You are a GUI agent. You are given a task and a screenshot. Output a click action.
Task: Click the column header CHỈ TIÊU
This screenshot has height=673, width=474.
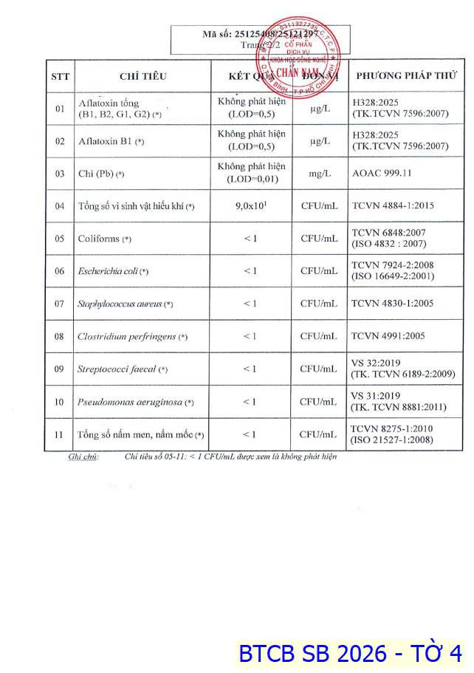[x=143, y=76]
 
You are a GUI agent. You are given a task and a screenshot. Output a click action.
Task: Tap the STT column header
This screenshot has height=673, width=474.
[x=60, y=76]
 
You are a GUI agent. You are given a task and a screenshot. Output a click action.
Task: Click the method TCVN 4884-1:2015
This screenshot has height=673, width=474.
[x=392, y=206]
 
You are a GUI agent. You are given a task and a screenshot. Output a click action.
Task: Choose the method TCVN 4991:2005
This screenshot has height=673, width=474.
[x=388, y=336]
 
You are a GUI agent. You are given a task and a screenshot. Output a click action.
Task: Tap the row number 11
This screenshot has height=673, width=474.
[x=60, y=434]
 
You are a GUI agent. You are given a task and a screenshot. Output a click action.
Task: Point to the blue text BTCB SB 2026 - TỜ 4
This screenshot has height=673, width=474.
[x=350, y=653]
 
